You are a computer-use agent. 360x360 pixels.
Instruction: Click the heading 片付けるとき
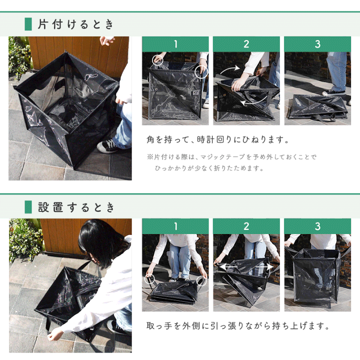pyautogui.click(x=76, y=24)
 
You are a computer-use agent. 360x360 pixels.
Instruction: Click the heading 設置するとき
pyautogui.click(x=76, y=207)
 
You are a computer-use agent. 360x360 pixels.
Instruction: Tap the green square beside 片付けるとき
pyautogui.click(x=28, y=24)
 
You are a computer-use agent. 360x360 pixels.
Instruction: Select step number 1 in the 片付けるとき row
pyautogui.click(x=175, y=44)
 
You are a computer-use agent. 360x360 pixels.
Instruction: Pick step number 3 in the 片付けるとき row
pyautogui.click(x=317, y=44)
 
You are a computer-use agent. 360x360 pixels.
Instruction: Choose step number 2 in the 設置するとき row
pyautogui.click(x=246, y=226)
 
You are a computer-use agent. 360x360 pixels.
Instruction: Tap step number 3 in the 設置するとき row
pyautogui.click(x=317, y=226)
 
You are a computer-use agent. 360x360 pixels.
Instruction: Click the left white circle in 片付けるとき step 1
pyautogui.click(x=157, y=59)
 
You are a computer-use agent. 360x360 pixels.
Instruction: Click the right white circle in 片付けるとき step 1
pyautogui.click(x=201, y=71)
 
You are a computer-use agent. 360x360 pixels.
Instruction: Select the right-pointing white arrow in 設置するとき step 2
pyautogui.click(x=269, y=267)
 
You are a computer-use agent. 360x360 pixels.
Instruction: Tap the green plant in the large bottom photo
pyautogui.click(x=24, y=240)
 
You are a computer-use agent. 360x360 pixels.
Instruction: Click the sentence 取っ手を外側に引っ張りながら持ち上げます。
pyautogui.click(x=238, y=326)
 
